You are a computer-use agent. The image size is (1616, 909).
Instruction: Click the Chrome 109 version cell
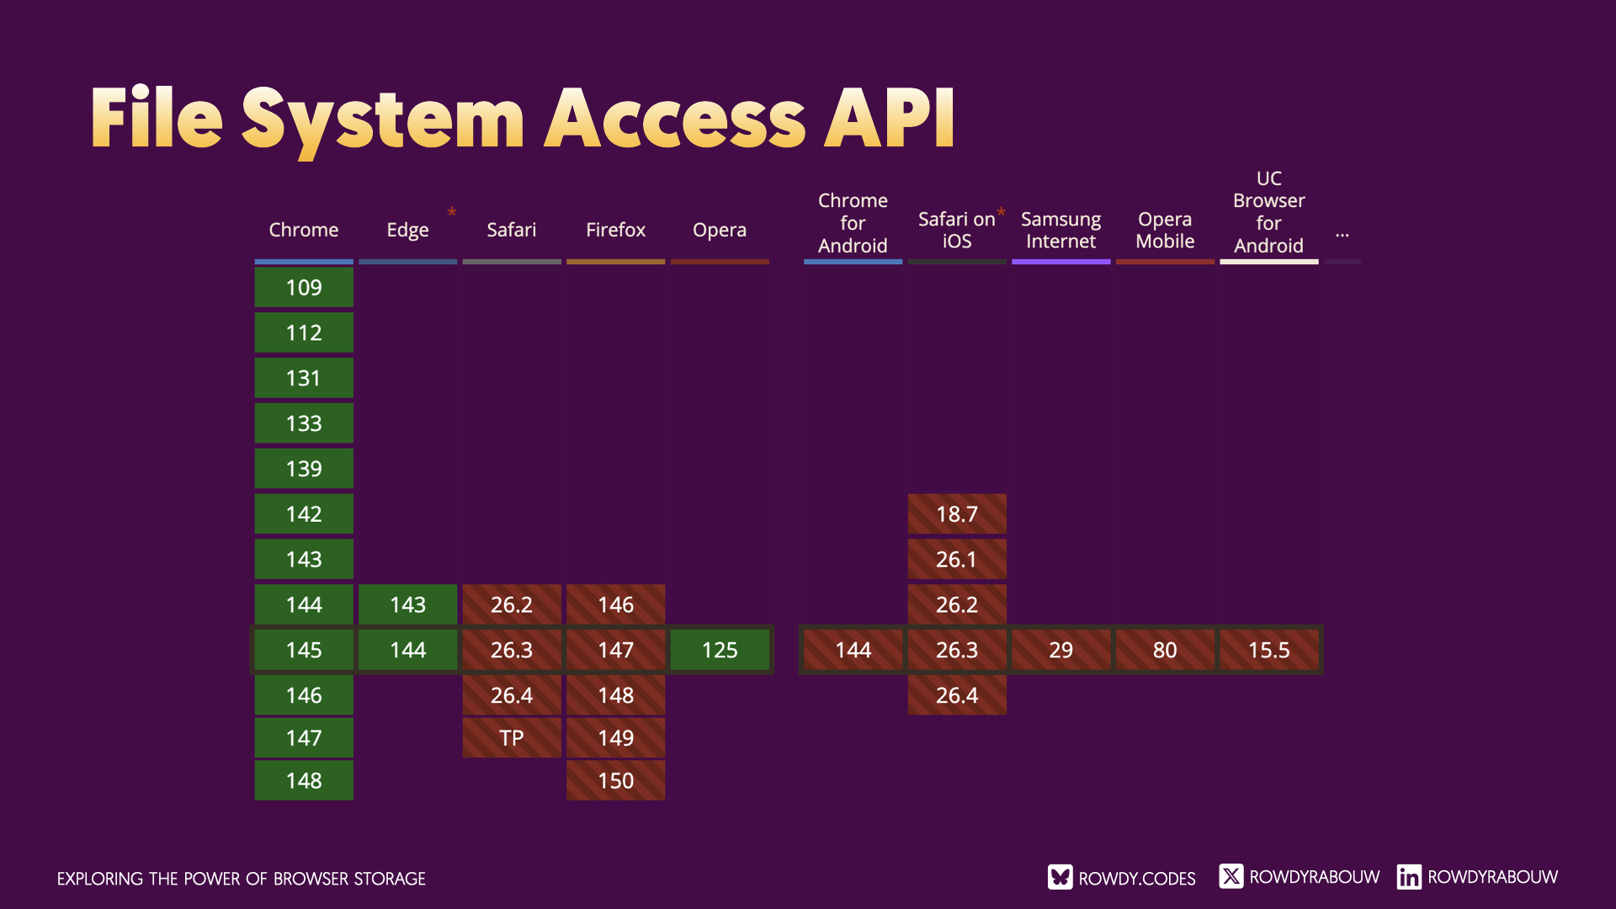point(304,288)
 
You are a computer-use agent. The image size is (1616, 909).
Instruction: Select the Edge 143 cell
point(407,605)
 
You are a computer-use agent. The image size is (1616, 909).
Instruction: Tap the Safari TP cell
point(511,738)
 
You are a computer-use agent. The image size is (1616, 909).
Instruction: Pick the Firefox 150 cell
point(615,781)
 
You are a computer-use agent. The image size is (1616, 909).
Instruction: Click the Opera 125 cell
point(720,651)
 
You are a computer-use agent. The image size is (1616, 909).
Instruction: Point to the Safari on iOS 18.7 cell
point(957,514)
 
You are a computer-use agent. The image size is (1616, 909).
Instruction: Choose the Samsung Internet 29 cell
point(1060,651)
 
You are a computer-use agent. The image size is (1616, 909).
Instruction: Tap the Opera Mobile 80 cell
point(1165,651)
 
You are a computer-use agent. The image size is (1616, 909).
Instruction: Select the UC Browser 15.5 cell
point(1268,651)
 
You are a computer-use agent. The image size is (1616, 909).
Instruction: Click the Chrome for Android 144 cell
point(853,651)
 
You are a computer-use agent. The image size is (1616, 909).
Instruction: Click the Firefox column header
point(615,230)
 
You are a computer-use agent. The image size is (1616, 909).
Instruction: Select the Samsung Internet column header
point(1060,230)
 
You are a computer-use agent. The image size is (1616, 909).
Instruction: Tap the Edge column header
point(407,230)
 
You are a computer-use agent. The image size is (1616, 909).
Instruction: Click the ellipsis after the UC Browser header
point(1342,235)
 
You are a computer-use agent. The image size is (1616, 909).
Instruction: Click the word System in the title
point(383,120)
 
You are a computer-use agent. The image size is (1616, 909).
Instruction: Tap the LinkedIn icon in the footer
point(1409,877)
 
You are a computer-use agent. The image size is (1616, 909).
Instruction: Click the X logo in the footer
point(1231,876)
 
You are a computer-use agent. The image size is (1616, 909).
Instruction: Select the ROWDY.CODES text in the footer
point(1136,879)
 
